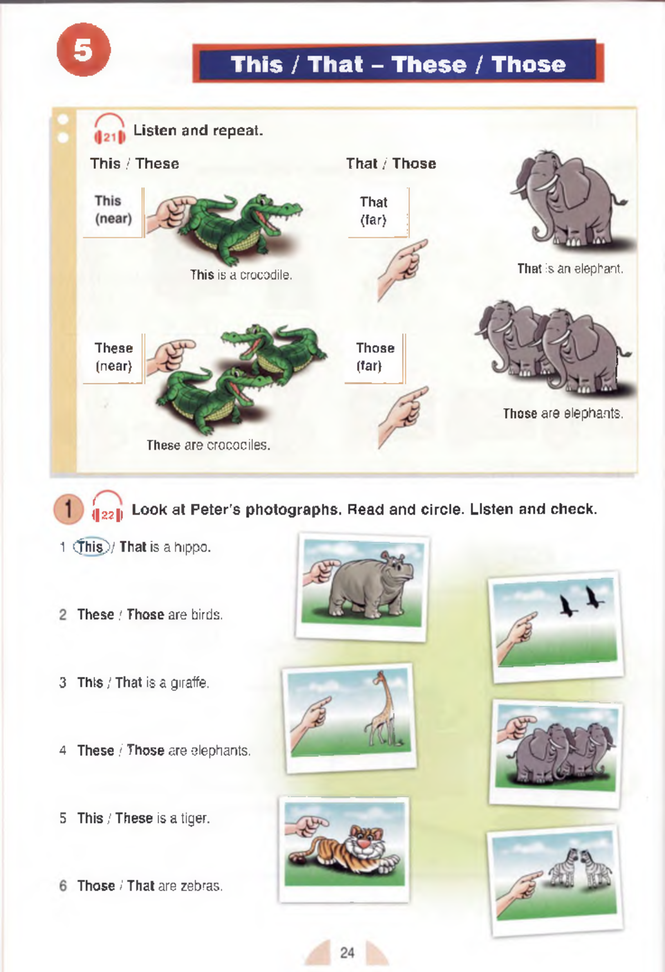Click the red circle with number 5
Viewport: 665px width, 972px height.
(84, 50)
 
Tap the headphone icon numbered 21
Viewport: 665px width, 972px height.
(109, 130)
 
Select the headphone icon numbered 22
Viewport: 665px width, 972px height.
(108, 507)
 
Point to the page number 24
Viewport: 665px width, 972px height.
(347, 952)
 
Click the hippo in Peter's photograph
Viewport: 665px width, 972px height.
(371, 585)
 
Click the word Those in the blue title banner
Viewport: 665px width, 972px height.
(529, 64)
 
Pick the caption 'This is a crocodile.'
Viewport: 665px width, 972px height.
(241, 275)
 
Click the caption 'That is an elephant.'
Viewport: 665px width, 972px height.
(570, 269)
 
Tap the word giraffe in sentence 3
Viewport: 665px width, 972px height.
(190, 683)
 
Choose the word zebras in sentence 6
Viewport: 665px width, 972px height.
(201, 886)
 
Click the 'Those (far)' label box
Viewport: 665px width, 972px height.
(375, 358)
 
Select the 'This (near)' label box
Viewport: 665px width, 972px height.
(114, 212)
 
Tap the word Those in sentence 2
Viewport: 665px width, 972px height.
(145, 615)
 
